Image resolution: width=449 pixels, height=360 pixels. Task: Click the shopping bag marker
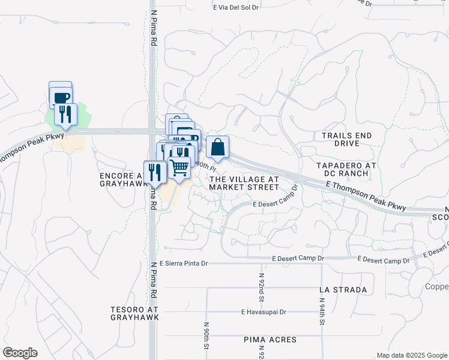coord(217,147)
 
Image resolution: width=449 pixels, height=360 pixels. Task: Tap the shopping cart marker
coord(179,169)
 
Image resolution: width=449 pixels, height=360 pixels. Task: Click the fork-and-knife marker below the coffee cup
coord(65,113)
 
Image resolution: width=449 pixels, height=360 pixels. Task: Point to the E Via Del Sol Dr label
coord(236,8)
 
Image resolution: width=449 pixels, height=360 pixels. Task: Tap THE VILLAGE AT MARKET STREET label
coord(244,183)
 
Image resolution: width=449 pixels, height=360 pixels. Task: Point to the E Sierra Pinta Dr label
coord(183,263)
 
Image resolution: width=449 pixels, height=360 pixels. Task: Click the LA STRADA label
coord(343,290)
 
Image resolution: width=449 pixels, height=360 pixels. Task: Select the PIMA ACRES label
coord(270,340)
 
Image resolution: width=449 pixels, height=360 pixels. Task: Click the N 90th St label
coord(206,337)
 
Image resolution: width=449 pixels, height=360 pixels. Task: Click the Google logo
coord(19,353)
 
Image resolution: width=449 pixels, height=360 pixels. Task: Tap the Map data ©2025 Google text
coord(411,355)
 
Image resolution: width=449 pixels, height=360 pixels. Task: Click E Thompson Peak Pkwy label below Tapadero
coord(366,197)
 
